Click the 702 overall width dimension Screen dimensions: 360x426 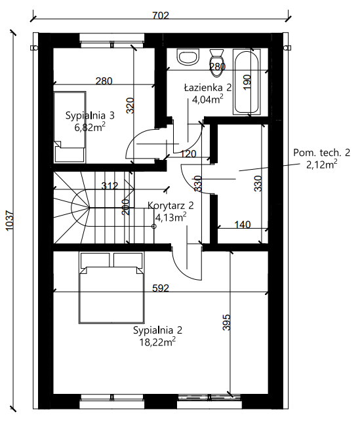[x=161, y=15]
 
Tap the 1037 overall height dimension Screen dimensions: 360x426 [x=10, y=220]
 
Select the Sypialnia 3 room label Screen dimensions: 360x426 [x=90, y=115]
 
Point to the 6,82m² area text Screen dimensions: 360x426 [x=90, y=126]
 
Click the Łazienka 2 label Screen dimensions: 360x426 [x=208, y=87]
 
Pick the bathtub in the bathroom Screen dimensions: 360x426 [x=247, y=81]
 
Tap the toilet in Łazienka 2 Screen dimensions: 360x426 [x=216, y=62]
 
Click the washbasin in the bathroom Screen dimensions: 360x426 [x=188, y=57]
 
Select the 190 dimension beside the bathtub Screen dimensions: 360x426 [x=247, y=83]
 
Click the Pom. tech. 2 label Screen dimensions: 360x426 [x=321, y=153]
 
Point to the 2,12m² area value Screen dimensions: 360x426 [x=322, y=164]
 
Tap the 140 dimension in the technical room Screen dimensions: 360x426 [x=242, y=224]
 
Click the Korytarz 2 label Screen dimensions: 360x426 [x=170, y=205]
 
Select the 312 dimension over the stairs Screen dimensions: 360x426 [x=110, y=186]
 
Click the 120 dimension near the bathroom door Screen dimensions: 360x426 [x=188, y=154]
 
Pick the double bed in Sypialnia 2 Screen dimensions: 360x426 [x=111, y=288]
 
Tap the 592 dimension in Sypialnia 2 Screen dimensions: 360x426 [x=161, y=288]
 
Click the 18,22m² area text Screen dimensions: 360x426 [x=157, y=341]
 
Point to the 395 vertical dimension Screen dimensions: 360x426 [x=226, y=322]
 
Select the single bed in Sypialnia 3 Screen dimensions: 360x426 [x=70, y=127]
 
